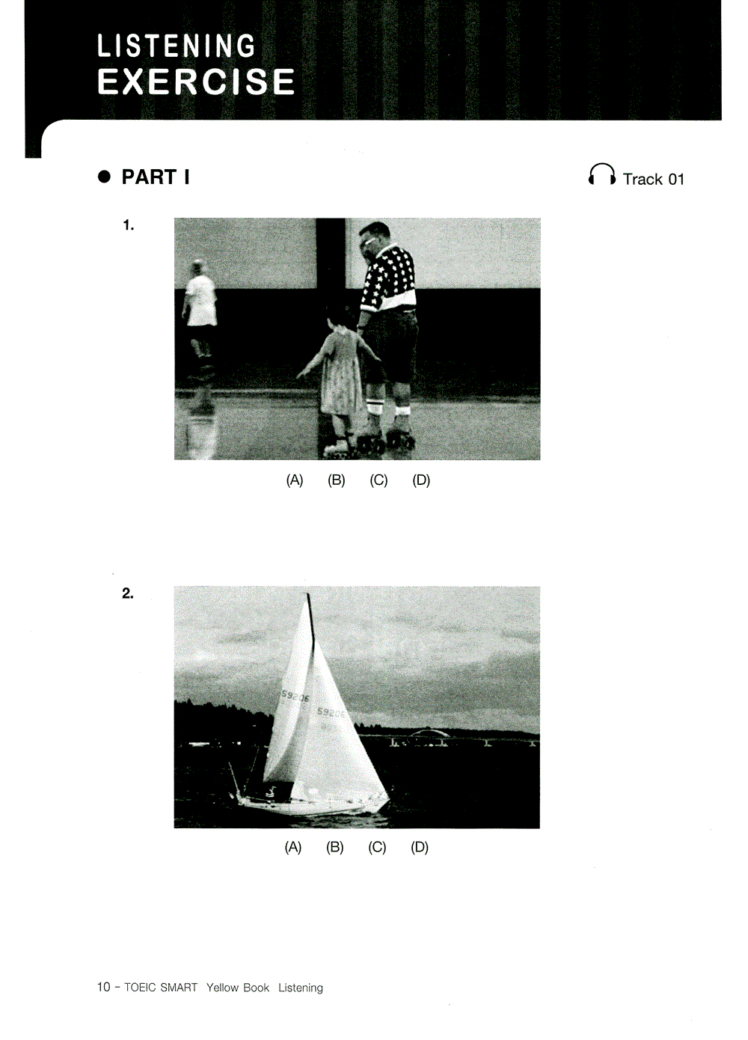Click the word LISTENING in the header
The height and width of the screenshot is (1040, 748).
pos(177,46)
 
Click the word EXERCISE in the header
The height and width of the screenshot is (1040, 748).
pos(196,82)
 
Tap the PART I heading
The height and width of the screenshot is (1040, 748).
pos(155,177)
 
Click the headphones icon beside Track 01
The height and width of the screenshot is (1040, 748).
pos(601,175)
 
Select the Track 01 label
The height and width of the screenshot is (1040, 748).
pos(653,180)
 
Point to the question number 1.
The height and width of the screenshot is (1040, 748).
pos(129,225)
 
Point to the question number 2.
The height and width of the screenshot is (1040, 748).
pos(128,593)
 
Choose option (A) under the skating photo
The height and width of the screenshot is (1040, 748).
pos(295,480)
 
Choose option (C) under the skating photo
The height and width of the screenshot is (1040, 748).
pos(378,480)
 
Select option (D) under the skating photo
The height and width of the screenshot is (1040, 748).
pos(421,480)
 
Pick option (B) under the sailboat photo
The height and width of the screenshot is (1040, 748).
pos(335,847)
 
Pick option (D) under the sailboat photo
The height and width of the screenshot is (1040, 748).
pos(420,847)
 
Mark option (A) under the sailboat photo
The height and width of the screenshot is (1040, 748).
pos(293,847)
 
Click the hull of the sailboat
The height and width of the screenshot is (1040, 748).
pos(307,805)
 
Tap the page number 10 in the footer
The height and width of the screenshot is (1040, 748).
pos(103,987)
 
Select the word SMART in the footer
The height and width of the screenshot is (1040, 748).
pos(179,988)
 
